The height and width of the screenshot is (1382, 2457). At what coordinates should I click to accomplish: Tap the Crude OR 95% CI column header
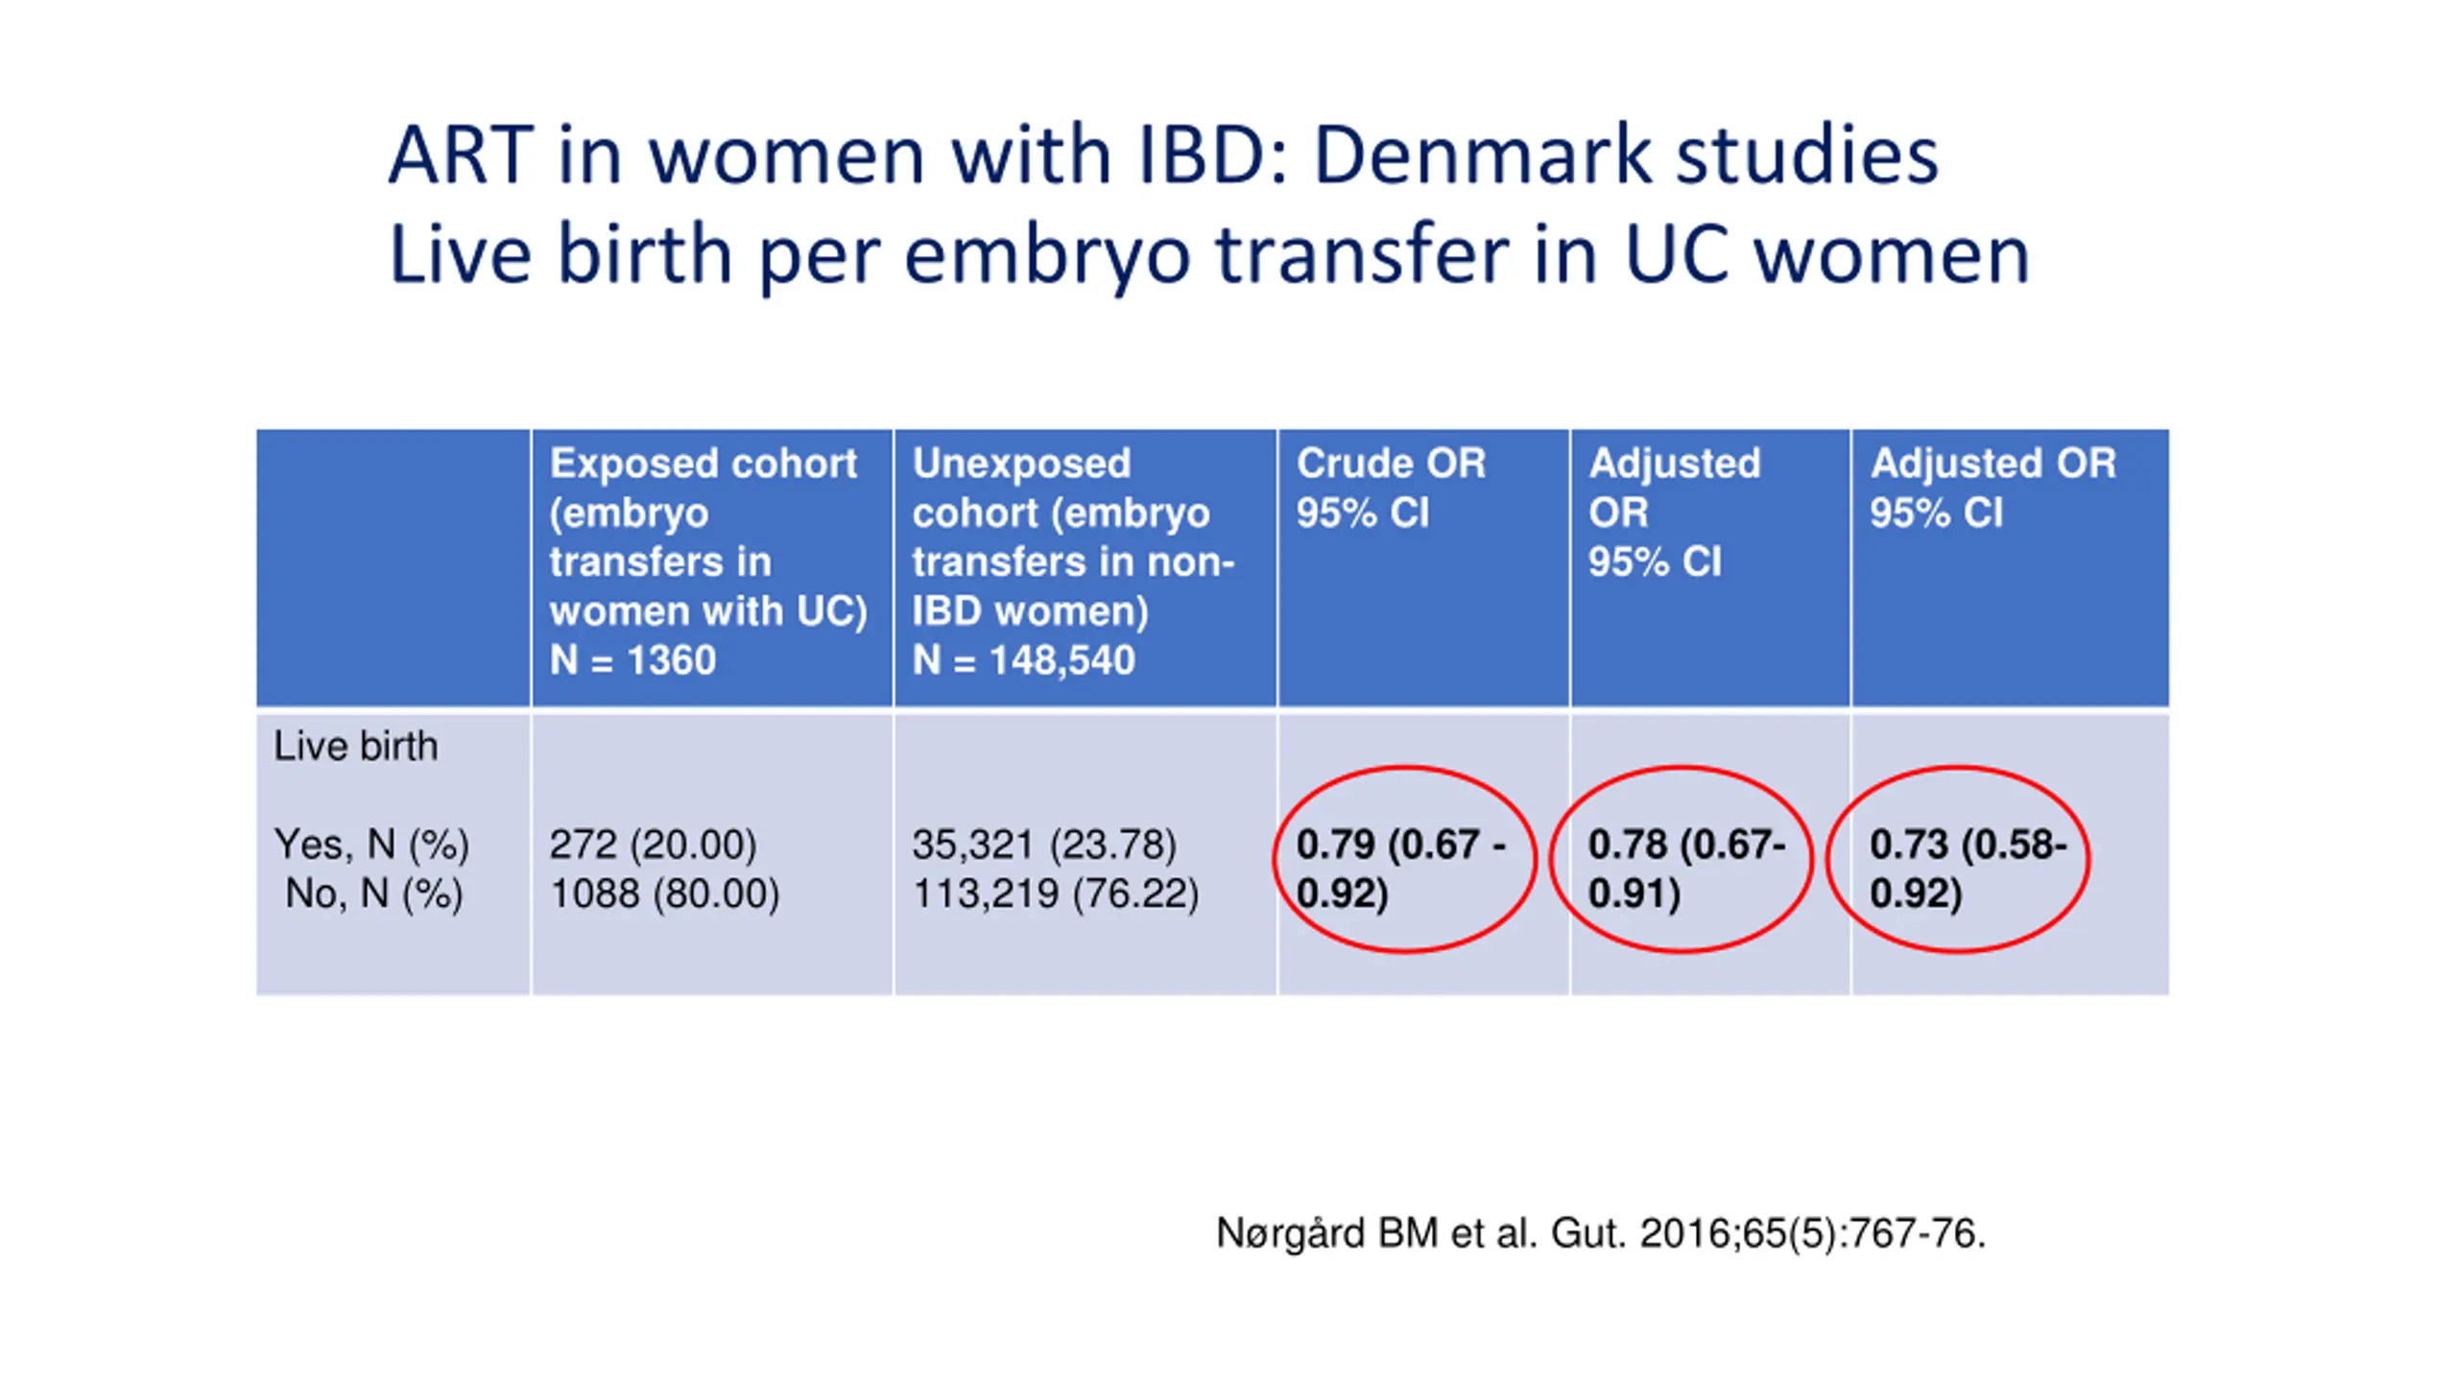point(1391,488)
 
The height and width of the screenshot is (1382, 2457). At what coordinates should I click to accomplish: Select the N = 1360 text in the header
point(632,660)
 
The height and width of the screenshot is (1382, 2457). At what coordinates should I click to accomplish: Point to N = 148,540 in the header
point(1023,660)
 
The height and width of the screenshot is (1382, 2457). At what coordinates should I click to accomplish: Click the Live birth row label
point(355,747)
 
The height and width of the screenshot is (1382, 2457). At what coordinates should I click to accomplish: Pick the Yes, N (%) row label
point(371,845)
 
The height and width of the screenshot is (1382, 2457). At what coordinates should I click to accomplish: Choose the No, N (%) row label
point(373,894)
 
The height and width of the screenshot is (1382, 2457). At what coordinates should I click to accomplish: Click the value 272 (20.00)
point(653,845)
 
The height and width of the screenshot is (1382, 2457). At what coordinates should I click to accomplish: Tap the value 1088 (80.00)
point(664,894)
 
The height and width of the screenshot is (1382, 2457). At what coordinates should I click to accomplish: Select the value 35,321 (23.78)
point(1044,845)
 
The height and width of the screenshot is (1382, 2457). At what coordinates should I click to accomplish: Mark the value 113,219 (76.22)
point(1056,894)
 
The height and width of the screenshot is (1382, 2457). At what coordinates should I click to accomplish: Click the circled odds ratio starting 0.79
point(1401,869)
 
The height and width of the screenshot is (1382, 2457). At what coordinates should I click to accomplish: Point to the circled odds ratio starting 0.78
point(1685,869)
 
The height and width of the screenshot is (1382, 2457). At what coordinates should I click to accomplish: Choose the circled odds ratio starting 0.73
point(1967,869)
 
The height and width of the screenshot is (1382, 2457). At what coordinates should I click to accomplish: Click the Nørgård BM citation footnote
point(1600,1233)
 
